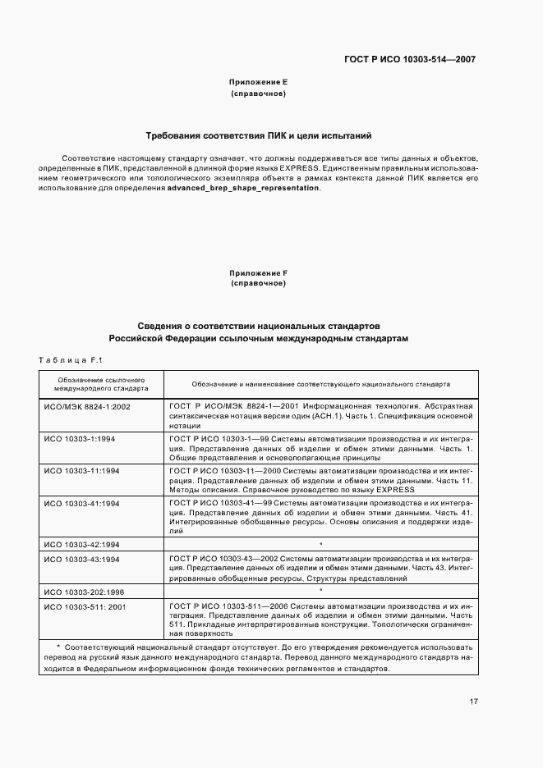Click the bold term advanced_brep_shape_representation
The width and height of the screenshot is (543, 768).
click(x=244, y=188)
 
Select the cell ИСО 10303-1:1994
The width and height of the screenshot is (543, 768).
click(x=81, y=439)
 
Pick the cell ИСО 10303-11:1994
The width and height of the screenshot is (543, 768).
click(x=82, y=471)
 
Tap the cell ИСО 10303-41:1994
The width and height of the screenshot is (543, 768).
click(x=82, y=502)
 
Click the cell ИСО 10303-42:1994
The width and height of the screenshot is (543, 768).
click(x=82, y=544)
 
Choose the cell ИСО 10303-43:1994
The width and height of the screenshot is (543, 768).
click(x=82, y=560)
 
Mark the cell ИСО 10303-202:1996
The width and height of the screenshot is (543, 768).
click(x=84, y=592)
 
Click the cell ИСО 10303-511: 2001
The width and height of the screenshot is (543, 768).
click(x=84, y=606)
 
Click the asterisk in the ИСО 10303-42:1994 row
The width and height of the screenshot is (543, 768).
click(x=320, y=544)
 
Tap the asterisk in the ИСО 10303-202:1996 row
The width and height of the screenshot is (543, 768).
click(x=320, y=591)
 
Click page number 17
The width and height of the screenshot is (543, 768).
click(x=474, y=702)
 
